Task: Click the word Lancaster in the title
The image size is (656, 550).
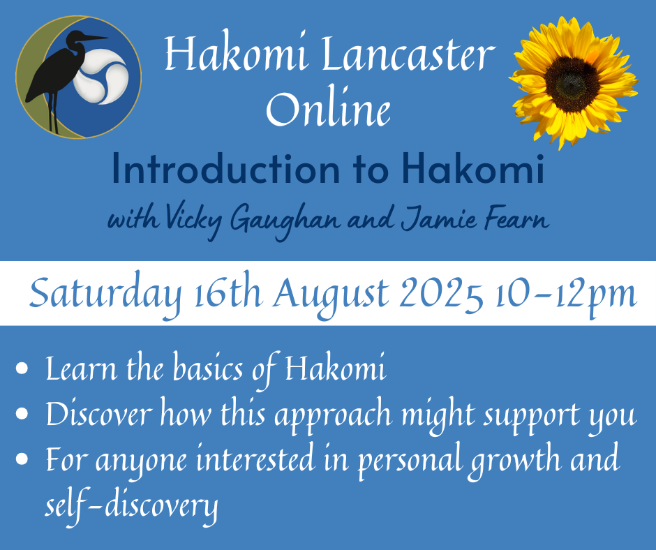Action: [x=408, y=54]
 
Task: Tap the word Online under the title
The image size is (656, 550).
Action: [x=329, y=108]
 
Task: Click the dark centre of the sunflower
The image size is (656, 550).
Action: [x=572, y=84]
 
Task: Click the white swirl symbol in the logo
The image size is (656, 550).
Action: [x=100, y=77]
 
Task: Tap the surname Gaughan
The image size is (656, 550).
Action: [x=285, y=222]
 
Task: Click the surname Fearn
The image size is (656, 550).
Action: [x=517, y=219]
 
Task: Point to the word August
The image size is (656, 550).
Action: [x=331, y=295]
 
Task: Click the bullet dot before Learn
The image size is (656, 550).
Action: [x=22, y=369]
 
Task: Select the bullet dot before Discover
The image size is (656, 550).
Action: [x=22, y=414]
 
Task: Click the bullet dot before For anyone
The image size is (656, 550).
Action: [x=22, y=459]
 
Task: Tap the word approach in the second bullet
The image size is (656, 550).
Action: [x=333, y=416]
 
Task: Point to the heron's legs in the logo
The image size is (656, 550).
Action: [x=53, y=112]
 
